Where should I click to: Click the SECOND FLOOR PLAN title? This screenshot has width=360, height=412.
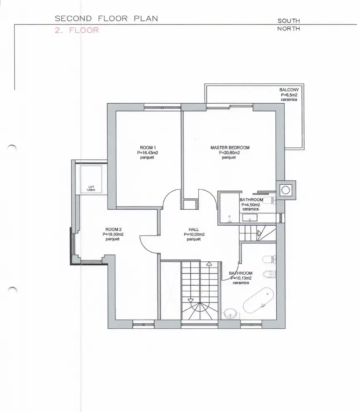click(106, 19)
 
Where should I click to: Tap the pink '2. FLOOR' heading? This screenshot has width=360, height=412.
click(77, 30)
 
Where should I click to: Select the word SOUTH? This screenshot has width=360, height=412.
click(289, 21)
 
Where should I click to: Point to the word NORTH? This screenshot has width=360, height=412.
click(289, 29)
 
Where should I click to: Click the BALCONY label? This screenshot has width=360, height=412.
click(289, 90)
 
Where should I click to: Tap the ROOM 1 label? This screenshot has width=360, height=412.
click(147, 148)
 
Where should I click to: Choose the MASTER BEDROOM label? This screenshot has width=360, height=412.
click(230, 148)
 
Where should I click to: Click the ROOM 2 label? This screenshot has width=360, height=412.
click(113, 229)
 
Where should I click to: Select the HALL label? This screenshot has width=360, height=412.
click(194, 229)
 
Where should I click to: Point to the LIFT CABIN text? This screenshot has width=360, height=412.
click(91, 189)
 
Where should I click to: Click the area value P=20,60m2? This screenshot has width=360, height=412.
click(229, 153)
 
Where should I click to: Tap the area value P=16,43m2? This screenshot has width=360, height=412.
click(147, 153)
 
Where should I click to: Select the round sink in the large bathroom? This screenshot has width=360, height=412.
click(230, 314)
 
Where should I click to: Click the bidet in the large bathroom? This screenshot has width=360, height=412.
click(269, 274)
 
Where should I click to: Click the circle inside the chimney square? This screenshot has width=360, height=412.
click(285, 190)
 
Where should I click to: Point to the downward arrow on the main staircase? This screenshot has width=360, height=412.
click(190, 301)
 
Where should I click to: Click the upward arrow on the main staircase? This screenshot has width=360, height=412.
click(209, 263)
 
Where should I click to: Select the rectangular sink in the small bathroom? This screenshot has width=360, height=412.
click(250, 218)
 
